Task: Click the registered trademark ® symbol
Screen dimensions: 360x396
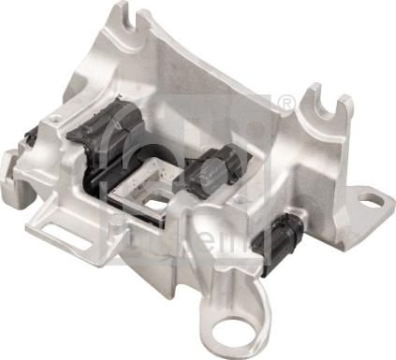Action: (286, 102)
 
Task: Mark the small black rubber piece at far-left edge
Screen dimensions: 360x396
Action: (32, 137)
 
